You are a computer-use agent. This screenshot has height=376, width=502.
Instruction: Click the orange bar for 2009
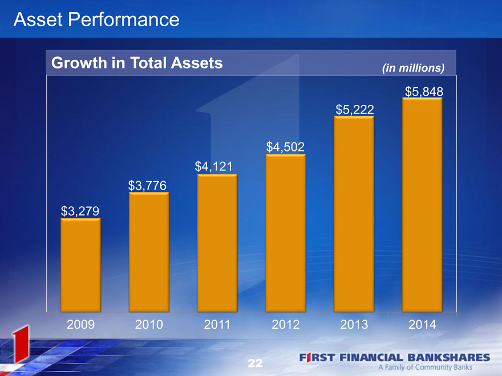[80, 265]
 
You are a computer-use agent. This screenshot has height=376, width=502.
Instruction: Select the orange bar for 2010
[149, 252]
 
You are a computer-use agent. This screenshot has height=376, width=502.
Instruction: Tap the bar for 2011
[217, 243]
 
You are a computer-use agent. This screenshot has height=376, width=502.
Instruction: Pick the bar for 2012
[286, 233]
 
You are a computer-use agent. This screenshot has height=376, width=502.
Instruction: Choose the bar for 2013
[354, 214]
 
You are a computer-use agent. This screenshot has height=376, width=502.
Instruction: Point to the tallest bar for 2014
[422, 205]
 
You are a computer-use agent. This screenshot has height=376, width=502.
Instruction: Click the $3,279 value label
[80, 211]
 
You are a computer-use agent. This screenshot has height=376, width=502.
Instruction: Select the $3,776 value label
[147, 186]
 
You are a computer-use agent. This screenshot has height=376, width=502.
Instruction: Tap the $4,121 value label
[213, 166]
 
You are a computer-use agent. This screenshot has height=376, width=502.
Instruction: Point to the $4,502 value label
[285, 147]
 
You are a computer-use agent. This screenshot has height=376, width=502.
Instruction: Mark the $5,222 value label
[355, 109]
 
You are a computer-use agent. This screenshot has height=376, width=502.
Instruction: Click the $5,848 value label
[424, 92]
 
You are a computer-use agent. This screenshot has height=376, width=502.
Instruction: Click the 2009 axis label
[80, 325]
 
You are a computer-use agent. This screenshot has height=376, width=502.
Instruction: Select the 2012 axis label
[286, 325]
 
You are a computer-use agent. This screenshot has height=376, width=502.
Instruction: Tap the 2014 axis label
[422, 325]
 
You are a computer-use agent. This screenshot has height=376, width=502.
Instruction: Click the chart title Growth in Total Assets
[137, 63]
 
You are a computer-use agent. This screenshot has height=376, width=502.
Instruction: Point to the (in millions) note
[414, 68]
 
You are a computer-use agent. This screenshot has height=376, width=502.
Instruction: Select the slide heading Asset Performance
[96, 19]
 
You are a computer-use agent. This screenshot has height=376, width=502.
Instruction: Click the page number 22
[255, 363]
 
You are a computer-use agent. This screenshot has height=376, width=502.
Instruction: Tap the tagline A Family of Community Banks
[426, 367]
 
